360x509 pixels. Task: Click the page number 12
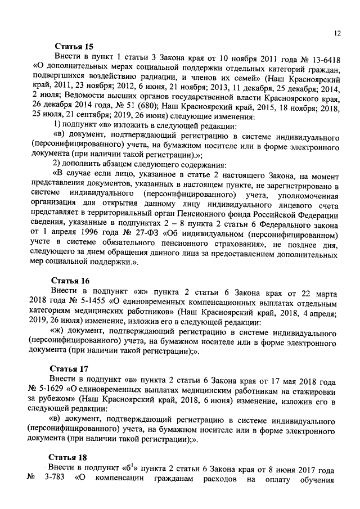point(337,34)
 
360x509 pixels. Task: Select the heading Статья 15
point(74,47)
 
